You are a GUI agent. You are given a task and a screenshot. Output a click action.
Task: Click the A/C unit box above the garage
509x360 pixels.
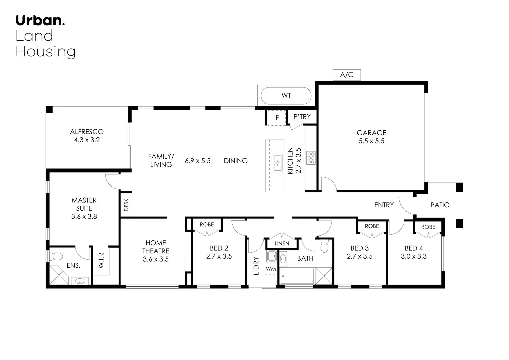coord(346,75)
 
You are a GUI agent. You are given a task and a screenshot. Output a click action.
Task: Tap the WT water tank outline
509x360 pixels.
coord(286,96)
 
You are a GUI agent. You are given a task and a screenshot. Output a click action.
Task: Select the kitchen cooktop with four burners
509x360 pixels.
coord(311,158)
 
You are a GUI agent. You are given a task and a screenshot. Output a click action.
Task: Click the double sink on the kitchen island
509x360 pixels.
coord(277,163)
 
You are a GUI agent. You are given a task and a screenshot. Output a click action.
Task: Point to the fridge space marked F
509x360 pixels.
coord(277,118)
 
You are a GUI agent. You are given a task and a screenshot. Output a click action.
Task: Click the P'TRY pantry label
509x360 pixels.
coord(302,117)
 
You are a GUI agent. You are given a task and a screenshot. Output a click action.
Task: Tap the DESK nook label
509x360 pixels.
coord(126,205)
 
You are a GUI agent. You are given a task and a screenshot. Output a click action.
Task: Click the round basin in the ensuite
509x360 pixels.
coord(80,281)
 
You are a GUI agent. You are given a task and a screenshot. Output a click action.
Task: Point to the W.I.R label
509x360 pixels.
coord(101,260)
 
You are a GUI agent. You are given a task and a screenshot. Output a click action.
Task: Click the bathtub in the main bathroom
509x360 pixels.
coord(297,276)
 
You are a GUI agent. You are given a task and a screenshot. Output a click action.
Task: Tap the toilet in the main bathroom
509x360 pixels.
coord(324,246)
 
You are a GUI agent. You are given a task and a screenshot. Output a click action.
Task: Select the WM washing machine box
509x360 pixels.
coord(271,268)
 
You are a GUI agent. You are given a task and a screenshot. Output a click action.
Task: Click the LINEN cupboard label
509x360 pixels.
coord(282,243)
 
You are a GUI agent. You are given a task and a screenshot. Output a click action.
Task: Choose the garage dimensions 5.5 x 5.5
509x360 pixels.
coord(371,141)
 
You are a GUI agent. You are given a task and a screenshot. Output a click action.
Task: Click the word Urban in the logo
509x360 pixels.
coord(39,20)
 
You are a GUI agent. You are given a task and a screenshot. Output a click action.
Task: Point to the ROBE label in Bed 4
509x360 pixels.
coord(428,227)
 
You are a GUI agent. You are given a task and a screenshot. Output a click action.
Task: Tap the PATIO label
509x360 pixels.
coord(440,205)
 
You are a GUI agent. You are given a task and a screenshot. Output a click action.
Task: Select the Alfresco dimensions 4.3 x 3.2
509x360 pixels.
coord(87,140)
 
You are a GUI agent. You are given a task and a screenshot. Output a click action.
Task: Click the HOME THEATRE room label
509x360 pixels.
coord(156,247)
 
